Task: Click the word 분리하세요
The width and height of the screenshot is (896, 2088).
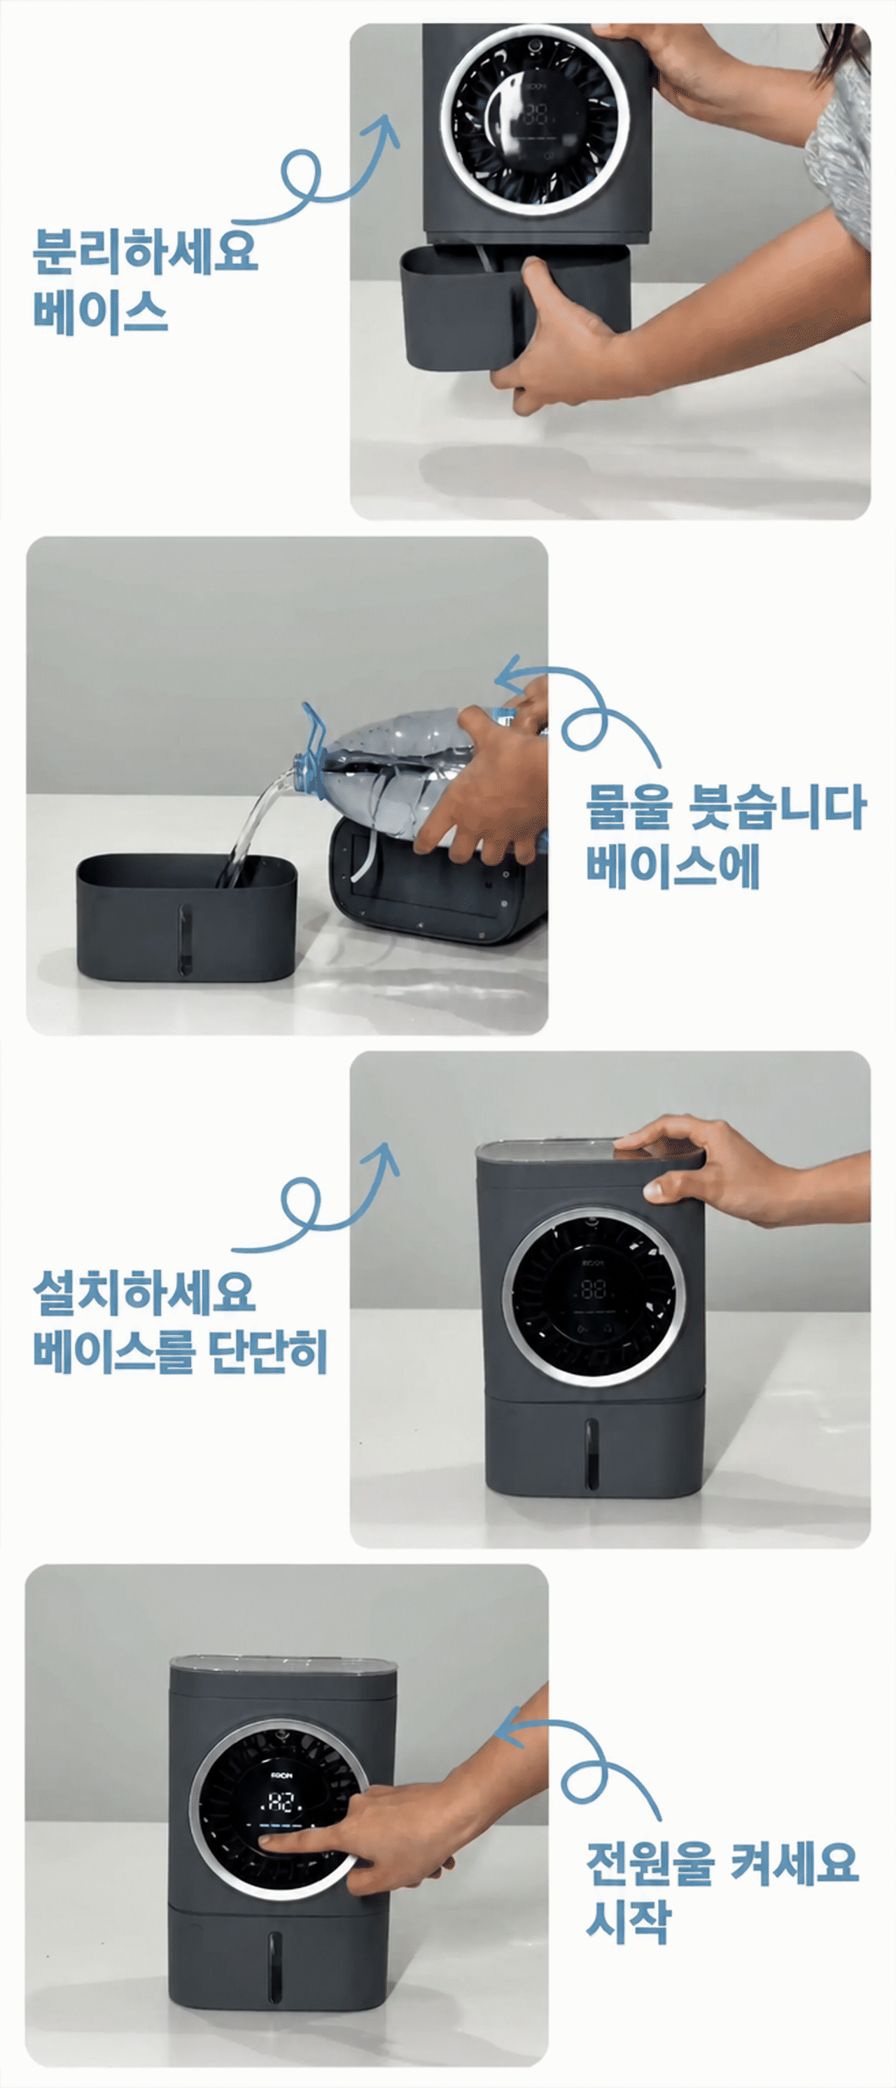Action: [145, 251]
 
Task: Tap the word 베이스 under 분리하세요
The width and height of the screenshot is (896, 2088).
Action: [101, 311]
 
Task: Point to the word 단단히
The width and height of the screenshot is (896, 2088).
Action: [268, 1351]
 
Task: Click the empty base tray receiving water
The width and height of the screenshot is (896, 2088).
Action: [186, 916]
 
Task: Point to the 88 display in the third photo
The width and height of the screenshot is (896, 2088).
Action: [593, 1290]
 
